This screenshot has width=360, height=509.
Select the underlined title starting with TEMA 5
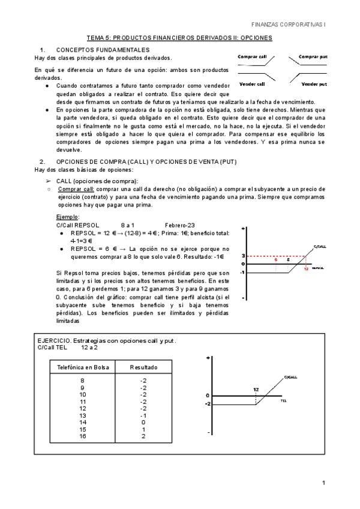pos(179,38)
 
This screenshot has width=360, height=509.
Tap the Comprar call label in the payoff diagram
pos(252,56)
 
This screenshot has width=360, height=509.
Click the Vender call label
pos(252,84)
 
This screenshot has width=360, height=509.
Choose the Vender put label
pos(314,84)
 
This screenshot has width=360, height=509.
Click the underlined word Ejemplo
pos(67,217)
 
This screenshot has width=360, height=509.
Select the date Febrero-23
pos(179,224)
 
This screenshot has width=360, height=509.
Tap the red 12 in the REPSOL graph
pos(305,268)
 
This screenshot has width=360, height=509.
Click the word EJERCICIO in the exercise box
pos(56,342)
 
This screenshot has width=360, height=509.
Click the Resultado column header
pos(143,367)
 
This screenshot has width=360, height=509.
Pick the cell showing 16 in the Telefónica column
pos(83,436)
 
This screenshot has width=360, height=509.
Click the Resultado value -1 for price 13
pos(143,415)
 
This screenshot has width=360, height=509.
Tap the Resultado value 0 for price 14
pos(143,423)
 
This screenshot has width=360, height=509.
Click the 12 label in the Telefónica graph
pos(256,390)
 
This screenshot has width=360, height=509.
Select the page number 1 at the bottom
pos(323,483)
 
